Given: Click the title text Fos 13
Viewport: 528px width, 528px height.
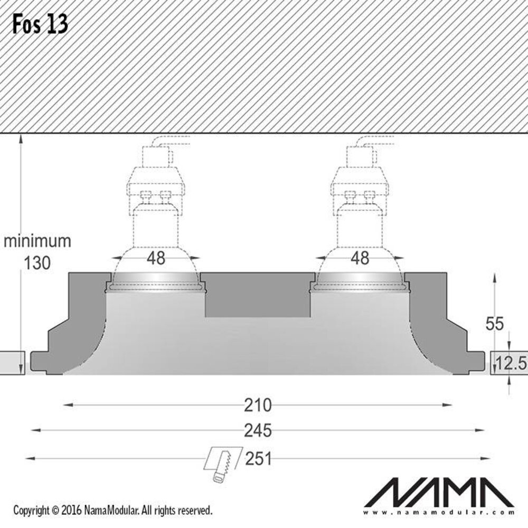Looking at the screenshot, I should coord(40,24).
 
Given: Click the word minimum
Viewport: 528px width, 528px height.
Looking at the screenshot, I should coord(37,241).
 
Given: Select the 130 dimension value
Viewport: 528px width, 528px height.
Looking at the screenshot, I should coord(37,262).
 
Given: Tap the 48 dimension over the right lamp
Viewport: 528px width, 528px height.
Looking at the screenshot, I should coord(360,258).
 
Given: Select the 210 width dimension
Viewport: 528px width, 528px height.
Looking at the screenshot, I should coord(258,406).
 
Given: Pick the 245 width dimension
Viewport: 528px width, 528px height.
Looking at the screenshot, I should coord(258,431).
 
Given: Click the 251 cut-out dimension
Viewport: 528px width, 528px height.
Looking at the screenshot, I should coord(258,458).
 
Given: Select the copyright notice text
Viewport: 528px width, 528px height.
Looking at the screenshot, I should coord(113,511).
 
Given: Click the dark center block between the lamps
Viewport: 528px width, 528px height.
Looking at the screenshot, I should coord(257,296).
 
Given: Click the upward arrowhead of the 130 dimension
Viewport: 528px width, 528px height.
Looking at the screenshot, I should coord(21,138).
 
